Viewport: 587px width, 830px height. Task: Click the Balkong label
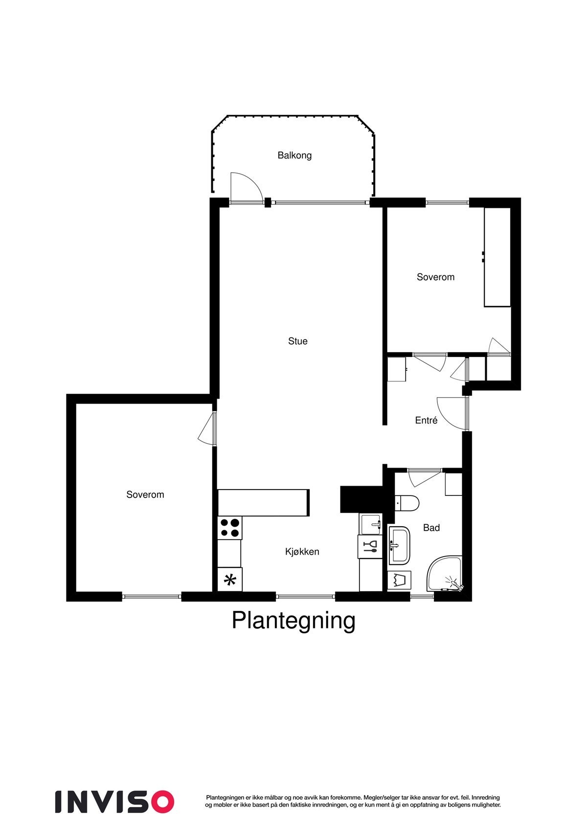coord(294,156)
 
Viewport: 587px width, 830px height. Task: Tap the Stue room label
coord(297,341)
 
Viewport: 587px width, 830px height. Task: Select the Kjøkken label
coord(302,552)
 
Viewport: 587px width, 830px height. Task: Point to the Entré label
coord(426,420)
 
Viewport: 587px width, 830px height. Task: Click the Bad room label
coord(431,528)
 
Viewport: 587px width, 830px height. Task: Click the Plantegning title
coord(293,620)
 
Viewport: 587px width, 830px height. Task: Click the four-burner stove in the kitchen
coord(229,527)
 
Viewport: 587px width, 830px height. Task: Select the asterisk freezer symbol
coord(229,580)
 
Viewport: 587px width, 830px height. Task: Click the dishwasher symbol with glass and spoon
coord(370,546)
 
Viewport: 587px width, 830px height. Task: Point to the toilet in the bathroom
coord(407,502)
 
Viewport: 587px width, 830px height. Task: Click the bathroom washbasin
coord(400,545)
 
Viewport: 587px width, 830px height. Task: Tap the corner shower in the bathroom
coord(444,574)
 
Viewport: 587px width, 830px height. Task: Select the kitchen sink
coord(370,524)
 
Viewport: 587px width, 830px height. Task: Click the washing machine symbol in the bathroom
coord(399,580)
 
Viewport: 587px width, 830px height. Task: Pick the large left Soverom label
coord(145,494)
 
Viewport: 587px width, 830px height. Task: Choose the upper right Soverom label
coord(435,277)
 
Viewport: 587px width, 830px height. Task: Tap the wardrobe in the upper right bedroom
coord(497,257)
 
